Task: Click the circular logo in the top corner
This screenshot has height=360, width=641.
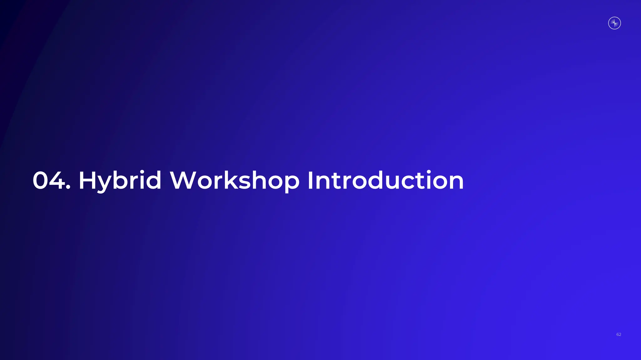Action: coord(614,23)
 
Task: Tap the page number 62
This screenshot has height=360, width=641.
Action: coord(619,334)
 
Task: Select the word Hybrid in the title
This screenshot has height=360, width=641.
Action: coord(120,180)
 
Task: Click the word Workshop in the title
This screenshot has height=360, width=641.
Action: coord(234,180)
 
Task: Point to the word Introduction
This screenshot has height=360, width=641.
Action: coord(385,180)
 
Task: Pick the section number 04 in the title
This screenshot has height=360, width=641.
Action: coord(49,180)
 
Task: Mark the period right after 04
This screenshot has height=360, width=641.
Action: coord(68,188)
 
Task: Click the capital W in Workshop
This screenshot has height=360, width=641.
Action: coord(183,180)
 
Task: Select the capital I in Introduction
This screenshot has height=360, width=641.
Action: coord(310,180)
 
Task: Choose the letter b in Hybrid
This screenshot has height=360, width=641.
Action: coord(120,180)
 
